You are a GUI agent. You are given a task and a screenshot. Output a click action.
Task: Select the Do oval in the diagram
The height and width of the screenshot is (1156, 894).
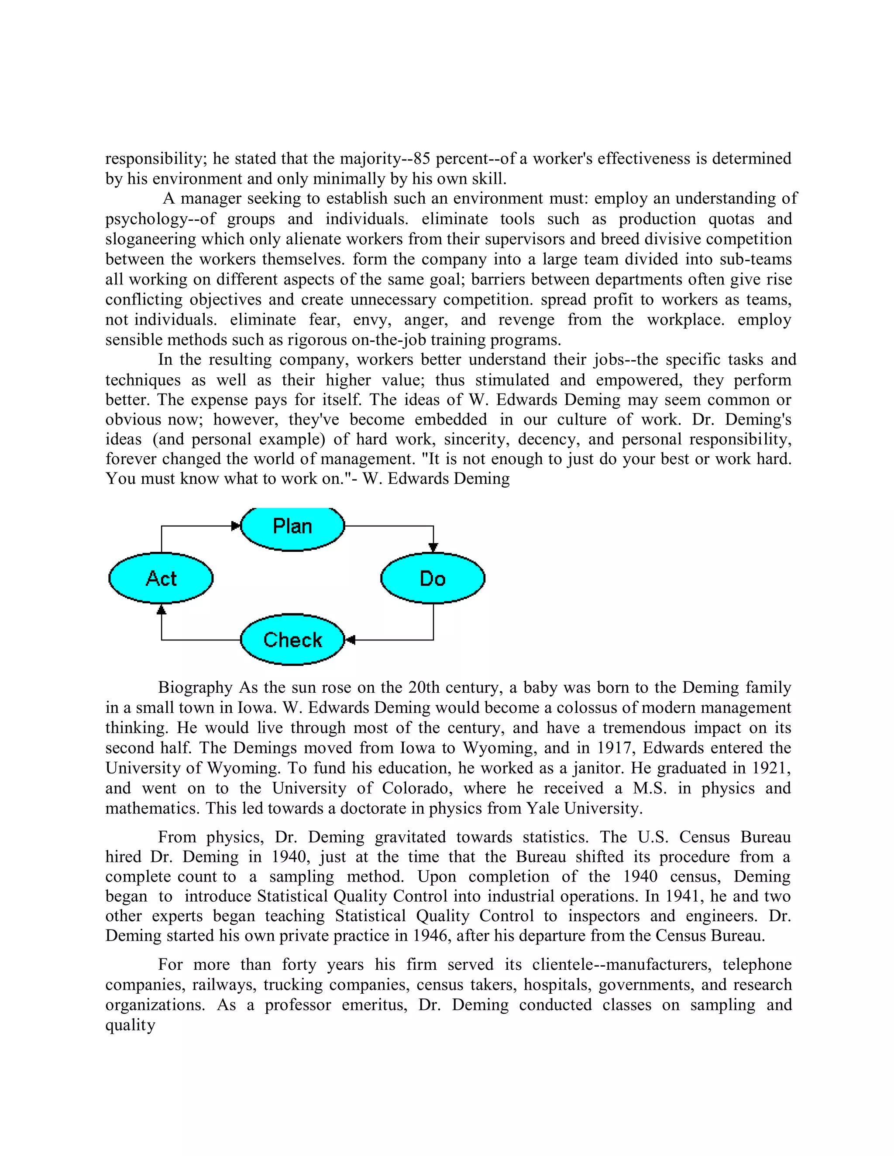(x=432, y=578)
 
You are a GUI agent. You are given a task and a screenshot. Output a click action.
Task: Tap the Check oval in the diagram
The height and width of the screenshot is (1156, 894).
(x=292, y=640)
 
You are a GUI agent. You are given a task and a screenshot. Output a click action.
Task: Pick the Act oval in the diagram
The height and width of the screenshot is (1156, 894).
(x=161, y=578)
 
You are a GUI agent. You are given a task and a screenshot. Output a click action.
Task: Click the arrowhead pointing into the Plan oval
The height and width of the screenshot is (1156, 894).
(x=236, y=526)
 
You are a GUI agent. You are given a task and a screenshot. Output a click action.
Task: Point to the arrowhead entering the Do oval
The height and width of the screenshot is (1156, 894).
(x=433, y=547)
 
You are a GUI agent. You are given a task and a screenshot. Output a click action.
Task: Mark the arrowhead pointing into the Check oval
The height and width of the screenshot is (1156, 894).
(x=350, y=640)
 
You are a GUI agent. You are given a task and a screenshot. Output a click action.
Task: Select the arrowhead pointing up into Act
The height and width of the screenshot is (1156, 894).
(x=162, y=610)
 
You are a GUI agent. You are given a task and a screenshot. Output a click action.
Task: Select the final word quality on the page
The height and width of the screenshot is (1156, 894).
(x=130, y=1025)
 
